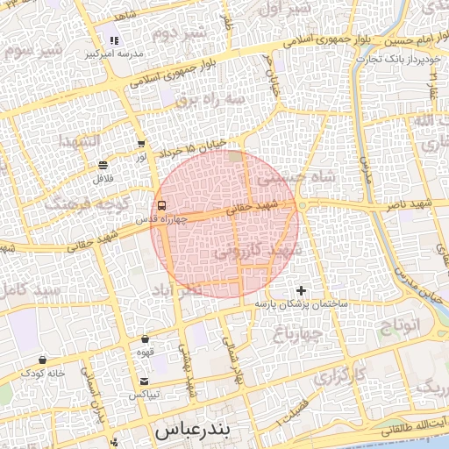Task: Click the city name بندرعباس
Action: pos(191,431)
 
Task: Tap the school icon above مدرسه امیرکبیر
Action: pos(114,40)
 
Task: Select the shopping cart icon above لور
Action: pos(141,144)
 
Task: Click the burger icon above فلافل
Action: pos(103,164)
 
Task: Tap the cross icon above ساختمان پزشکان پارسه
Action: pos(302,289)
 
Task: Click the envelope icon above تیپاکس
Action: pos(144,381)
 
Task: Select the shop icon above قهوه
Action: pos(145,339)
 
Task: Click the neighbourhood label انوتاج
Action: pos(399,326)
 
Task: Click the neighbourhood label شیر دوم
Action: pos(179,34)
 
